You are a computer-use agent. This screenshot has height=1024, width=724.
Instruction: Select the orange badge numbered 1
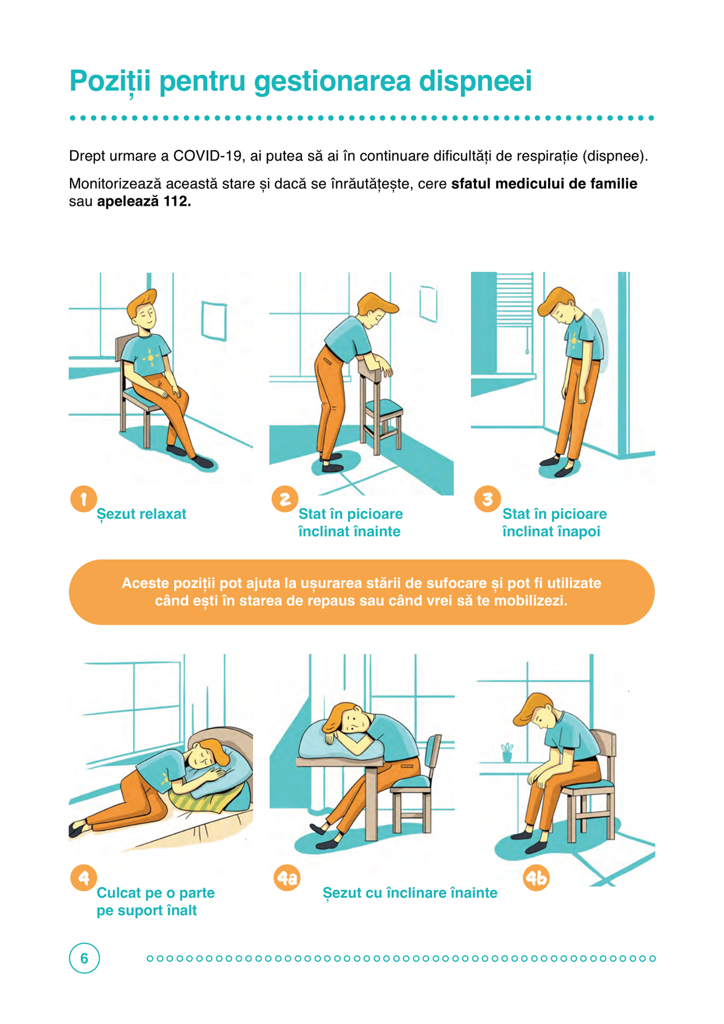point(83,498)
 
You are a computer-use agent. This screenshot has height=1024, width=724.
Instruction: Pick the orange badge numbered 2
point(285,498)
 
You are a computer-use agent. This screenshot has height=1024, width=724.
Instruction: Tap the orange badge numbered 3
point(487,498)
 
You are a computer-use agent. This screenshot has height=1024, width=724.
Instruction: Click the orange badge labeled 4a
point(287,878)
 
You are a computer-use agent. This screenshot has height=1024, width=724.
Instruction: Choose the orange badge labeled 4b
point(536,878)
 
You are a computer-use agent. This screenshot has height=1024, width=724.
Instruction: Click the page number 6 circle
point(84,958)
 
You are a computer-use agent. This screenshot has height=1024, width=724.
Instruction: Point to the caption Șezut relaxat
point(141,514)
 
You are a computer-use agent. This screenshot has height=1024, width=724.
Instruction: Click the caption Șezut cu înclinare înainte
point(410,893)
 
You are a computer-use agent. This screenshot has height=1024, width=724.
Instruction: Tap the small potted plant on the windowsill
point(507,752)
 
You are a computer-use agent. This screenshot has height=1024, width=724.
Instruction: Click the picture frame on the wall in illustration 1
point(213,320)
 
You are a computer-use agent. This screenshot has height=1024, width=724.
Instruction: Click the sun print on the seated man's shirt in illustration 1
point(150,358)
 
